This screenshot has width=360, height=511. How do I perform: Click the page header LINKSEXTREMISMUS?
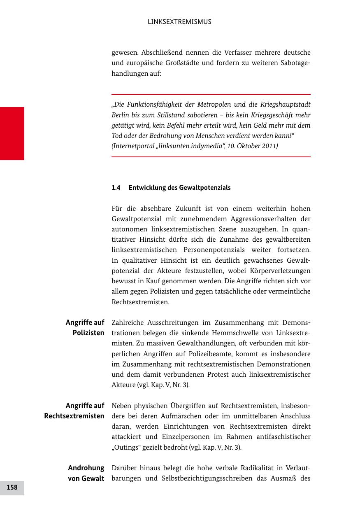coord(179,22)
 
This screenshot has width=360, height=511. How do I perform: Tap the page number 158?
coord(12,488)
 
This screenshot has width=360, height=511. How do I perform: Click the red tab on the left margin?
coord(12,133)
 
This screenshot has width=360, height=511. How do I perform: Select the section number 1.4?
coord(116,188)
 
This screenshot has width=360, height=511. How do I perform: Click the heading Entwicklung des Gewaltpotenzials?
coord(179,188)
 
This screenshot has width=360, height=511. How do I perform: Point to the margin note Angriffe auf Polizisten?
coord(85,328)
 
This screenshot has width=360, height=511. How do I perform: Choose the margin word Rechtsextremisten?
coord(74,416)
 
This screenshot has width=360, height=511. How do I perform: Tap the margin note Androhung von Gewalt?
coord(86,473)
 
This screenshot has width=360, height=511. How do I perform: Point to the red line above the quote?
coord(211,94)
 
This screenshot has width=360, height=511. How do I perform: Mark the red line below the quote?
coord(211,157)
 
